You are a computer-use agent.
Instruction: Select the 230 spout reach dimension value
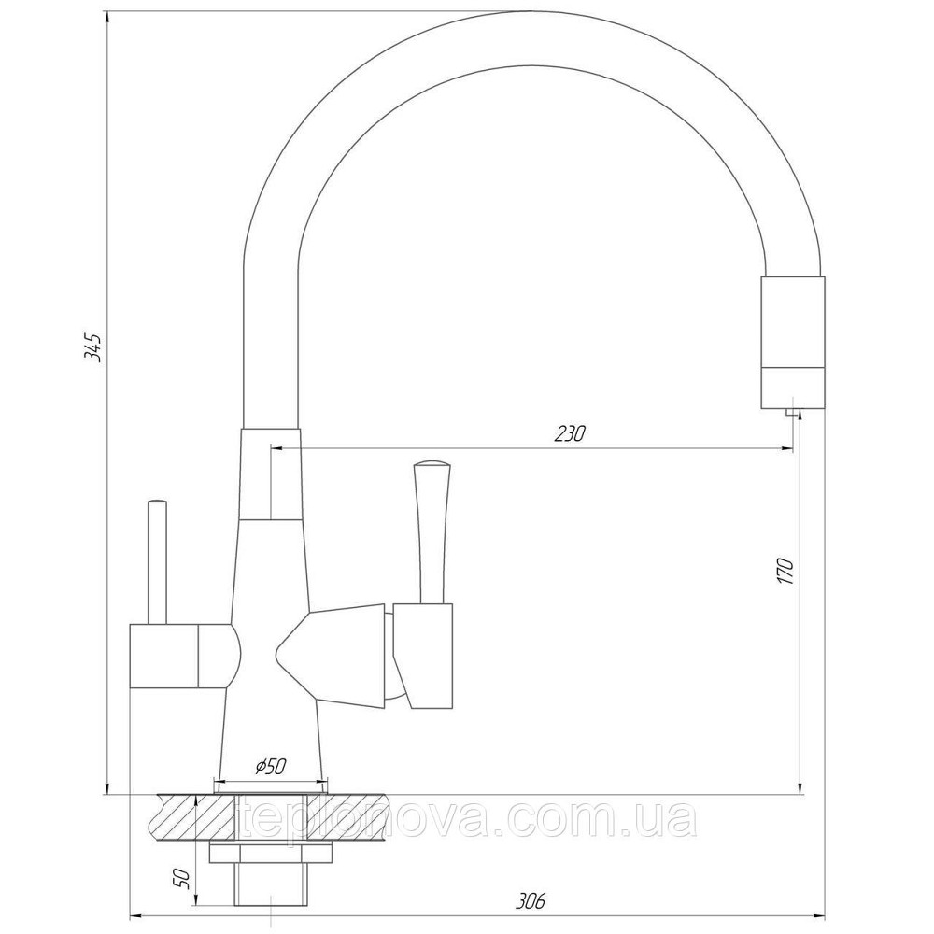(570, 433)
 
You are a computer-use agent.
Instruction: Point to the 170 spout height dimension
(785, 570)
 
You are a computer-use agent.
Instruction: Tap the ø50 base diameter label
(270, 767)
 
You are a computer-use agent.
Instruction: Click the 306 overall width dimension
(530, 900)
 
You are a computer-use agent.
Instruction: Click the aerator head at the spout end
(793, 342)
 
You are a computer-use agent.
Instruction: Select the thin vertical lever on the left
(157, 560)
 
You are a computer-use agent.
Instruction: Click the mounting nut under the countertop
(271, 854)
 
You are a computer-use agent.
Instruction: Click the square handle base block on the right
(422, 654)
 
